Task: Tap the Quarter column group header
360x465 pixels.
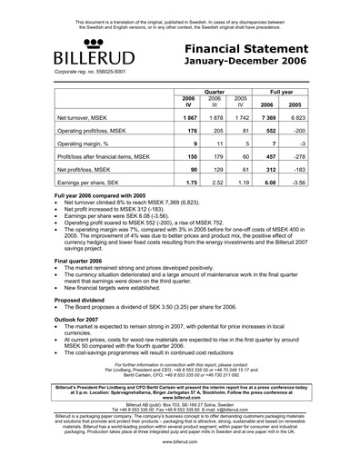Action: pyautogui.click(x=214, y=92)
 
